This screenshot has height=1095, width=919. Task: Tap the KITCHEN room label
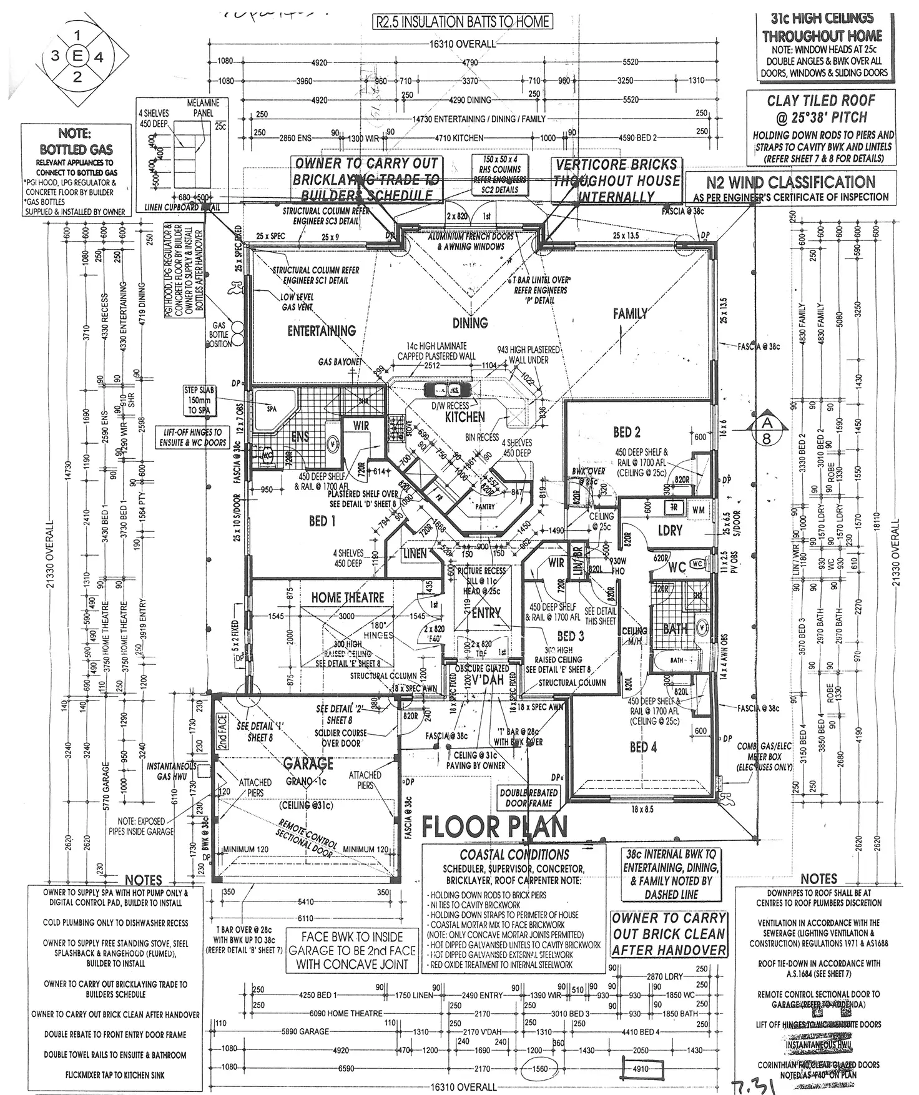tap(465, 416)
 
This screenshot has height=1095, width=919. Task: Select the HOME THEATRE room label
tap(348, 597)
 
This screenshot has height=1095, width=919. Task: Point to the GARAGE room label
tap(308, 764)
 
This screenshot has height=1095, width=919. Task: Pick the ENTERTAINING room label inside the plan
tap(322, 331)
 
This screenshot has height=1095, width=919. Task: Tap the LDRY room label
tap(670, 530)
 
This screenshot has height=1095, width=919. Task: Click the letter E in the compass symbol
tap(77, 56)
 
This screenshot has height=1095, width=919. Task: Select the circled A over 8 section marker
tap(767, 430)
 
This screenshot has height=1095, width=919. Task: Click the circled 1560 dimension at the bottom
tap(539, 1068)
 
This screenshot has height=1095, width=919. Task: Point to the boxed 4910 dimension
tap(641, 1068)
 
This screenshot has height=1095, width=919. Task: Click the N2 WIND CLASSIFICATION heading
tap(790, 182)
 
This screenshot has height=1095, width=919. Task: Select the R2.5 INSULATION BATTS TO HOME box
tap(463, 22)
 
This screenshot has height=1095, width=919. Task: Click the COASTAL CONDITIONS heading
tap(514, 855)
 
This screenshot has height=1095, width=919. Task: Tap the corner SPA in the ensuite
tap(273, 409)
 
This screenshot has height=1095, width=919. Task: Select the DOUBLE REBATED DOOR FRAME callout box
tap(529, 798)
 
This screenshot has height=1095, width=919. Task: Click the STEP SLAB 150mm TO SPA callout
tap(199, 400)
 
